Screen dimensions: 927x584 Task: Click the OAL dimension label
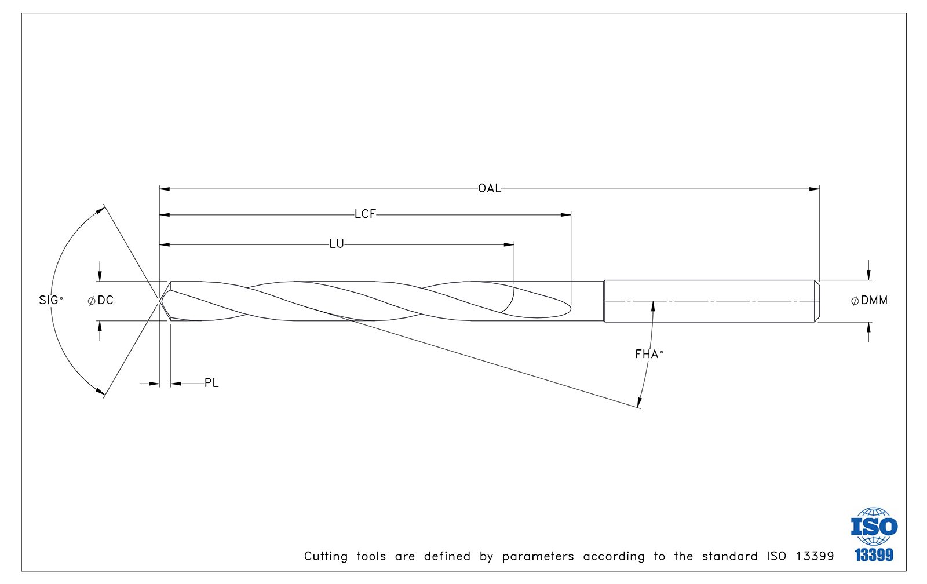[x=490, y=189]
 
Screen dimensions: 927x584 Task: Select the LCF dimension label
[x=365, y=214]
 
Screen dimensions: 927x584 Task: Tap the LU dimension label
[x=337, y=244]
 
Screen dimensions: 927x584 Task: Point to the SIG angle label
[x=51, y=300]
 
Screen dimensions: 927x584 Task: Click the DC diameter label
[x=101, y=301]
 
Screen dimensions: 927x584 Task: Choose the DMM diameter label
[x=870, y=301]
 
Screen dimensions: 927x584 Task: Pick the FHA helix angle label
[x=649, y=355]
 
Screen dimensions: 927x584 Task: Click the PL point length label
[x=211, y=384]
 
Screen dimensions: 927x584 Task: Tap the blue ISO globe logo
[x=874, y=526]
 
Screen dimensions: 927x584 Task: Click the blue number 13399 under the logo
[x=874, y=554]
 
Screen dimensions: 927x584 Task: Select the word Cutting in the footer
[x=326, y=556]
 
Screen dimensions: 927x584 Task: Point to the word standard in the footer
[x=729, y=556]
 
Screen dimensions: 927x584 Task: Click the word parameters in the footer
[x=538, y=557]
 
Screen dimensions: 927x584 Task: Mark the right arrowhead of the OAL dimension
[x=815, y=189]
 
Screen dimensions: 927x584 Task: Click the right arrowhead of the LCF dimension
[x=565, y=215]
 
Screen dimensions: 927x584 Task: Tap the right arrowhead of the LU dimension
[x=509, y=244]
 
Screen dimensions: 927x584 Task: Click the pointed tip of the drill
[x=160, y=301]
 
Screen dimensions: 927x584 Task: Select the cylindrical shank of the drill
[x=711, y=301]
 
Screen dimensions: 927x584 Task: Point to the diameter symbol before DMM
[x=855, y=301]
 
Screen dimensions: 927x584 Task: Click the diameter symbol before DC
[x=92, y=301]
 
